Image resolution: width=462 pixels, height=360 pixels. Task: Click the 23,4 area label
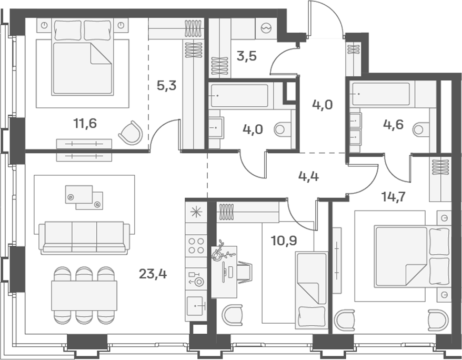tap(153, 274)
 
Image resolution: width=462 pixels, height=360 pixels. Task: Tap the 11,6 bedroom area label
tap(85, 123)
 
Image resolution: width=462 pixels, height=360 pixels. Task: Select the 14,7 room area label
tap(394, 196)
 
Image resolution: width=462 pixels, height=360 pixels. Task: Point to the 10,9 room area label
tap(284, 241)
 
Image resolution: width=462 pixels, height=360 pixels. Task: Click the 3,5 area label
tap(247, 56)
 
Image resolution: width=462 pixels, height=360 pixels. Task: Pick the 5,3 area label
tap(166, 86)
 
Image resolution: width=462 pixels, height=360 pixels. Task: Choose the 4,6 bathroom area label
tap(393, 124)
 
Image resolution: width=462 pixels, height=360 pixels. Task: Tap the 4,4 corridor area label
tap(308, 176)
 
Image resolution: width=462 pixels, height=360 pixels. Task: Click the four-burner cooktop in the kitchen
tap(196, 246)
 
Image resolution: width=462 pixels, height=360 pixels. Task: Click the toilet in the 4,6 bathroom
tap(421, 129)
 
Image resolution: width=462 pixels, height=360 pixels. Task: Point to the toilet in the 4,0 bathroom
tap(282, 129)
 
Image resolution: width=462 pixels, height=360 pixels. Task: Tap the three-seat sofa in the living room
tap(84, 238)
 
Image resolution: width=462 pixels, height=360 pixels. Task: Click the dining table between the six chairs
tap(84, 295)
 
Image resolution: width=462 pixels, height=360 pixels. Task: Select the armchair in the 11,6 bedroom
tap(131, 133)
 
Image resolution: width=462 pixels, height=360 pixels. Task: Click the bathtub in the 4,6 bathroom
tap(380, 94)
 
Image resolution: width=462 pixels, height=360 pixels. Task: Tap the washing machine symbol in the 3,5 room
tap(266, 28)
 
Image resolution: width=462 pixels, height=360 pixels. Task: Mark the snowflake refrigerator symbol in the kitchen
tap(196, 212)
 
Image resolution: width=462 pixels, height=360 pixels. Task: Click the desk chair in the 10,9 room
tap(245, 272)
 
